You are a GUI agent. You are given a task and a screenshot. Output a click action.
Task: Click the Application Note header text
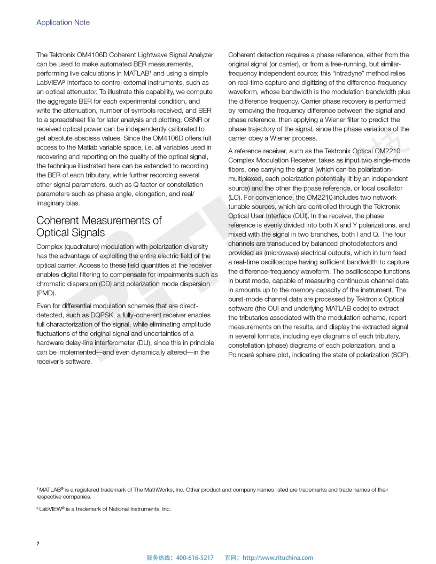tap(63, 22)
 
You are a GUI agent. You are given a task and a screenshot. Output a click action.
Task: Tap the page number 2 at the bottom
tap(38, 544)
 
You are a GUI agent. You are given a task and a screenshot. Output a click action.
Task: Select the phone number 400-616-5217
tap(194, 558)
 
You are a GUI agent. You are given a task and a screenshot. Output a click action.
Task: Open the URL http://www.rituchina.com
tap(278, 558)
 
